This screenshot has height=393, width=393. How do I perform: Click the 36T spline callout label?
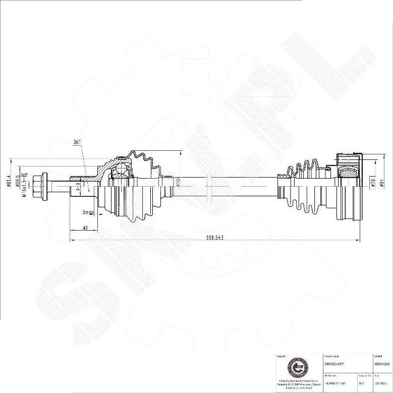[77, 143]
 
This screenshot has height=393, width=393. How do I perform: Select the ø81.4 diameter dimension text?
[9, 180]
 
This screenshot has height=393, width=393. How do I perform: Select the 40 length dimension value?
[85, 229]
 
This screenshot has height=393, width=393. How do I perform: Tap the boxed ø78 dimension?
[373, 183]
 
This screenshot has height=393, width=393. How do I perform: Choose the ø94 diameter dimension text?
[381, 183]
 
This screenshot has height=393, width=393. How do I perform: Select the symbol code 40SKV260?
[382, 364]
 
